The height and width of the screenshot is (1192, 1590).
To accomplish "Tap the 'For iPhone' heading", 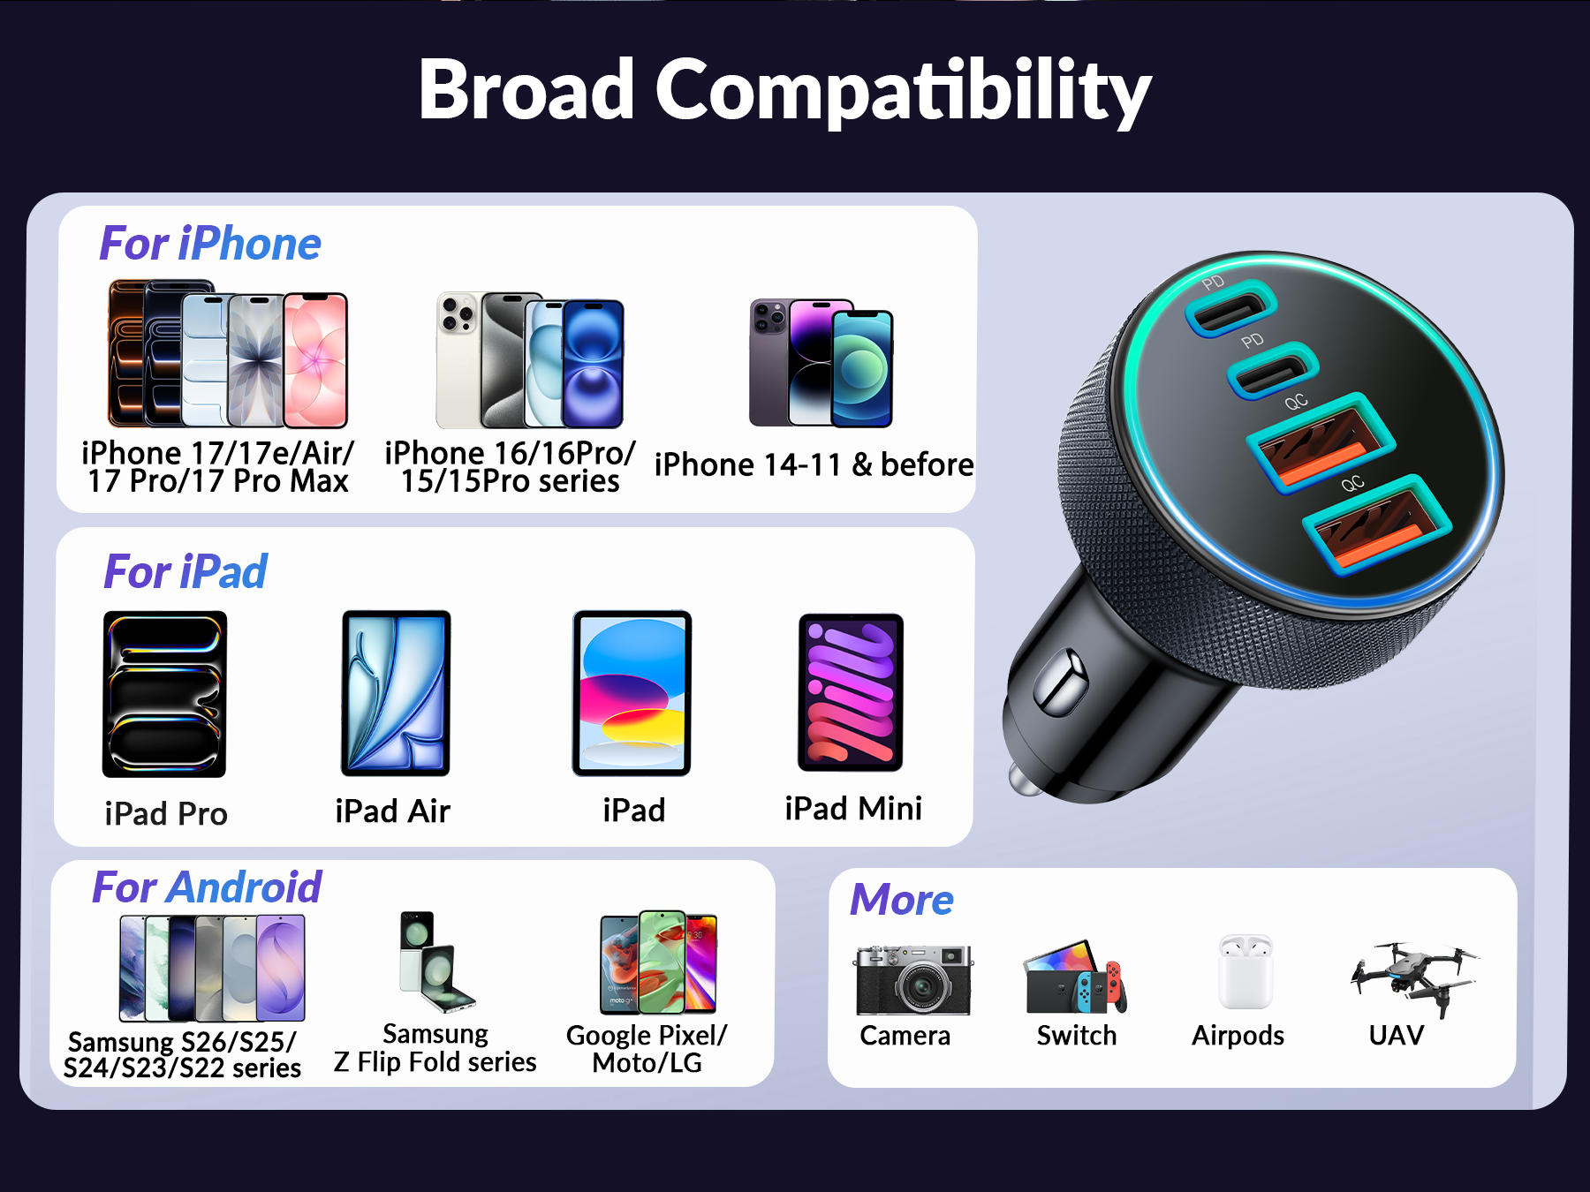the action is (210, 244).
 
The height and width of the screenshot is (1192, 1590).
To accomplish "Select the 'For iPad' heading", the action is (185, 571).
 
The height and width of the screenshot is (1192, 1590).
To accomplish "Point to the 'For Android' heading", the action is (207, 887).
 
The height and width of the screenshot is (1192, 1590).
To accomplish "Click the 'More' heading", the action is (902, 900).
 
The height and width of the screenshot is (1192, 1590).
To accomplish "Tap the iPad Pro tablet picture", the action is (165, 694).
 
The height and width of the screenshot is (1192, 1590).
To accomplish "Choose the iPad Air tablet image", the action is (396, 693).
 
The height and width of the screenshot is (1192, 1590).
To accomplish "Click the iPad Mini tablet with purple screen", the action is (851, 692).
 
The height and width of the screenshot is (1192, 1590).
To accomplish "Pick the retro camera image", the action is (913, 980).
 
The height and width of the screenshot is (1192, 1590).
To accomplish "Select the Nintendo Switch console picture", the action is (1076, 978).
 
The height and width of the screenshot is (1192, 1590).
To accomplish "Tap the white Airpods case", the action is (1245, 972).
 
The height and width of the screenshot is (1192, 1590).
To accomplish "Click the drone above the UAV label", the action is (1413, 977).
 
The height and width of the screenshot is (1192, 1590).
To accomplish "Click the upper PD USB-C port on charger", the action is (1230, 308).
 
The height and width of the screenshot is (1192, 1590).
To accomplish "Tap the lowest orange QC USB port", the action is (1377, 526).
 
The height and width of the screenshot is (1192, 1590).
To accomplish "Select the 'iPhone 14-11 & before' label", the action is (814, 464).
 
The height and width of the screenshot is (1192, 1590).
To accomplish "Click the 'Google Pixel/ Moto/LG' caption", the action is (647, 1049).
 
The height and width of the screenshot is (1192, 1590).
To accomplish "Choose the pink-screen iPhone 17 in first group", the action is (315, 360).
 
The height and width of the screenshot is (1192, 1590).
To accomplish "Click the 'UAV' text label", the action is (1397, 1035).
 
